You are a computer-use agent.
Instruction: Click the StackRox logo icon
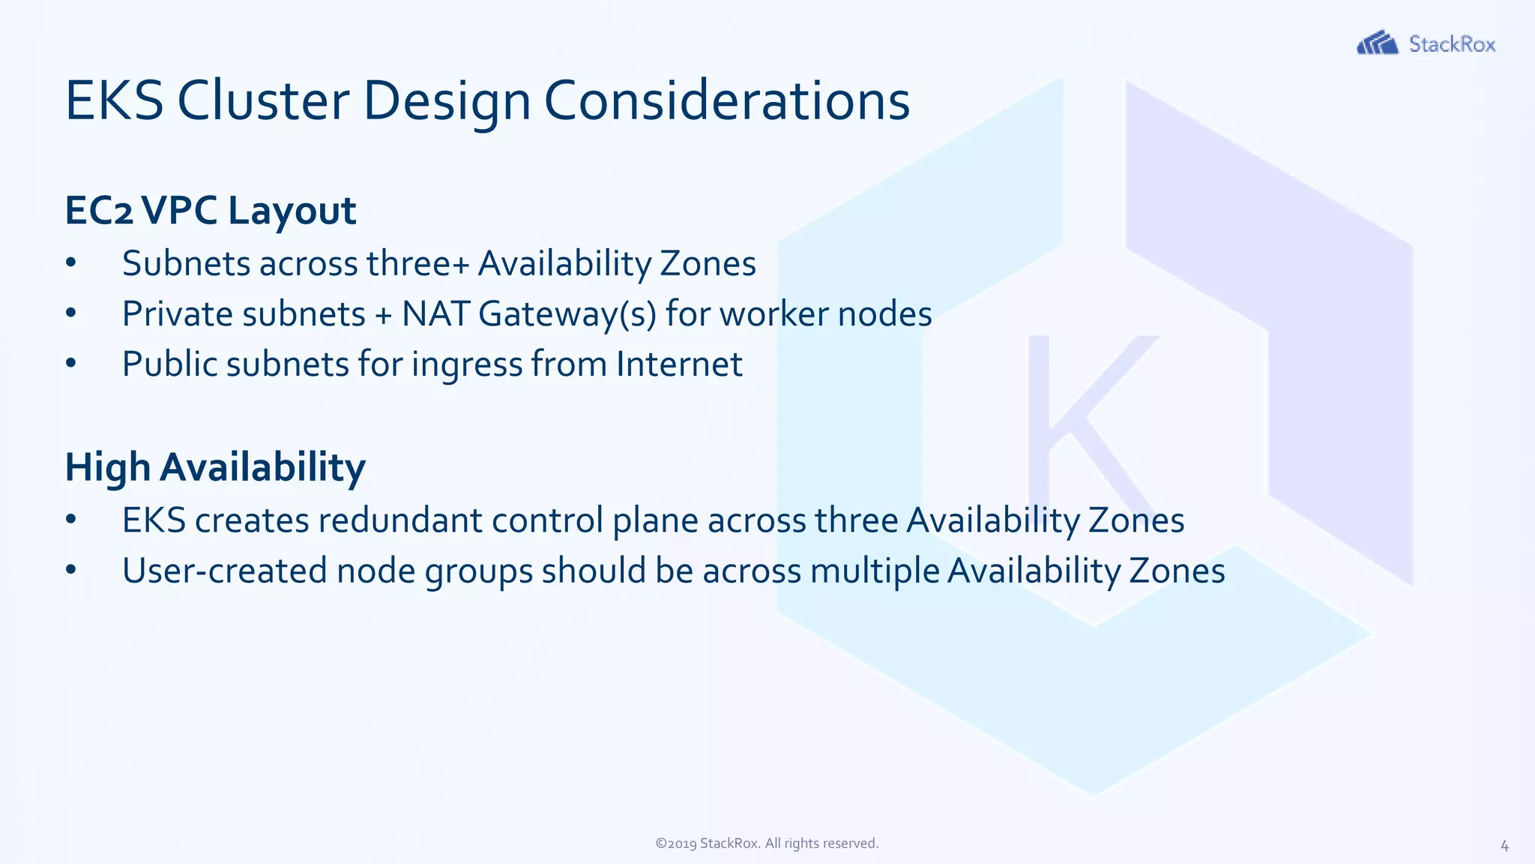[x=1377, y=43]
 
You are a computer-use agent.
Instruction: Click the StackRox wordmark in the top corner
[x=1452, y=44]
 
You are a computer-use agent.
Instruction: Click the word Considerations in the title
[x=726, y=100]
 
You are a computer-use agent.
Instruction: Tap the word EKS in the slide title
[x=114, y=100]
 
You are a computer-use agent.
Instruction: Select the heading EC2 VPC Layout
[x=210, y=210]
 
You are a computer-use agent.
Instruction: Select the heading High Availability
[x=215, y=467]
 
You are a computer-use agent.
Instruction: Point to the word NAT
[x=435, y=314]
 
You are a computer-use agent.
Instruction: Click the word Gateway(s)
[x=567, y=314]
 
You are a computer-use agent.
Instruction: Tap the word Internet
[x=679, y=364]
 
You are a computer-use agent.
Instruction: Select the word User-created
[x=224, y=571]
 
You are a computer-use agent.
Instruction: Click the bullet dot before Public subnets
[x=71, y=364]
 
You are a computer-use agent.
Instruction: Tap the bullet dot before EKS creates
[x=71, y=520]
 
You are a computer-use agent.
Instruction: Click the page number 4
[x=1504, y=846]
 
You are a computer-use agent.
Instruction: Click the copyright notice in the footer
[x=767, y=843]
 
